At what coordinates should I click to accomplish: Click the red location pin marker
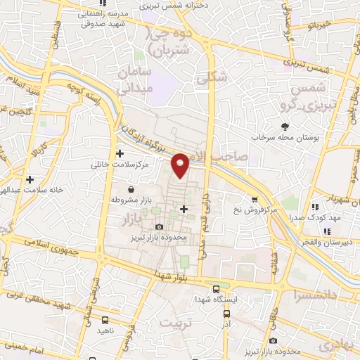coord(181,165)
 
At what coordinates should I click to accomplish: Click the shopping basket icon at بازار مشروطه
coord(131,189)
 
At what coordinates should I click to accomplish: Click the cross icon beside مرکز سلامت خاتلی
coord(120,153)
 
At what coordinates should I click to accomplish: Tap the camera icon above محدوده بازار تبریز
coord(160,226)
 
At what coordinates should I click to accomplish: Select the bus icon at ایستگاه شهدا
coord(216,289)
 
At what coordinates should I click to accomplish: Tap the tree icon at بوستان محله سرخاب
coord(285,127)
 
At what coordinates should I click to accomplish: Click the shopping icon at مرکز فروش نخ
coord(254,199)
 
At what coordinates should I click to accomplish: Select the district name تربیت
coord(176,323)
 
